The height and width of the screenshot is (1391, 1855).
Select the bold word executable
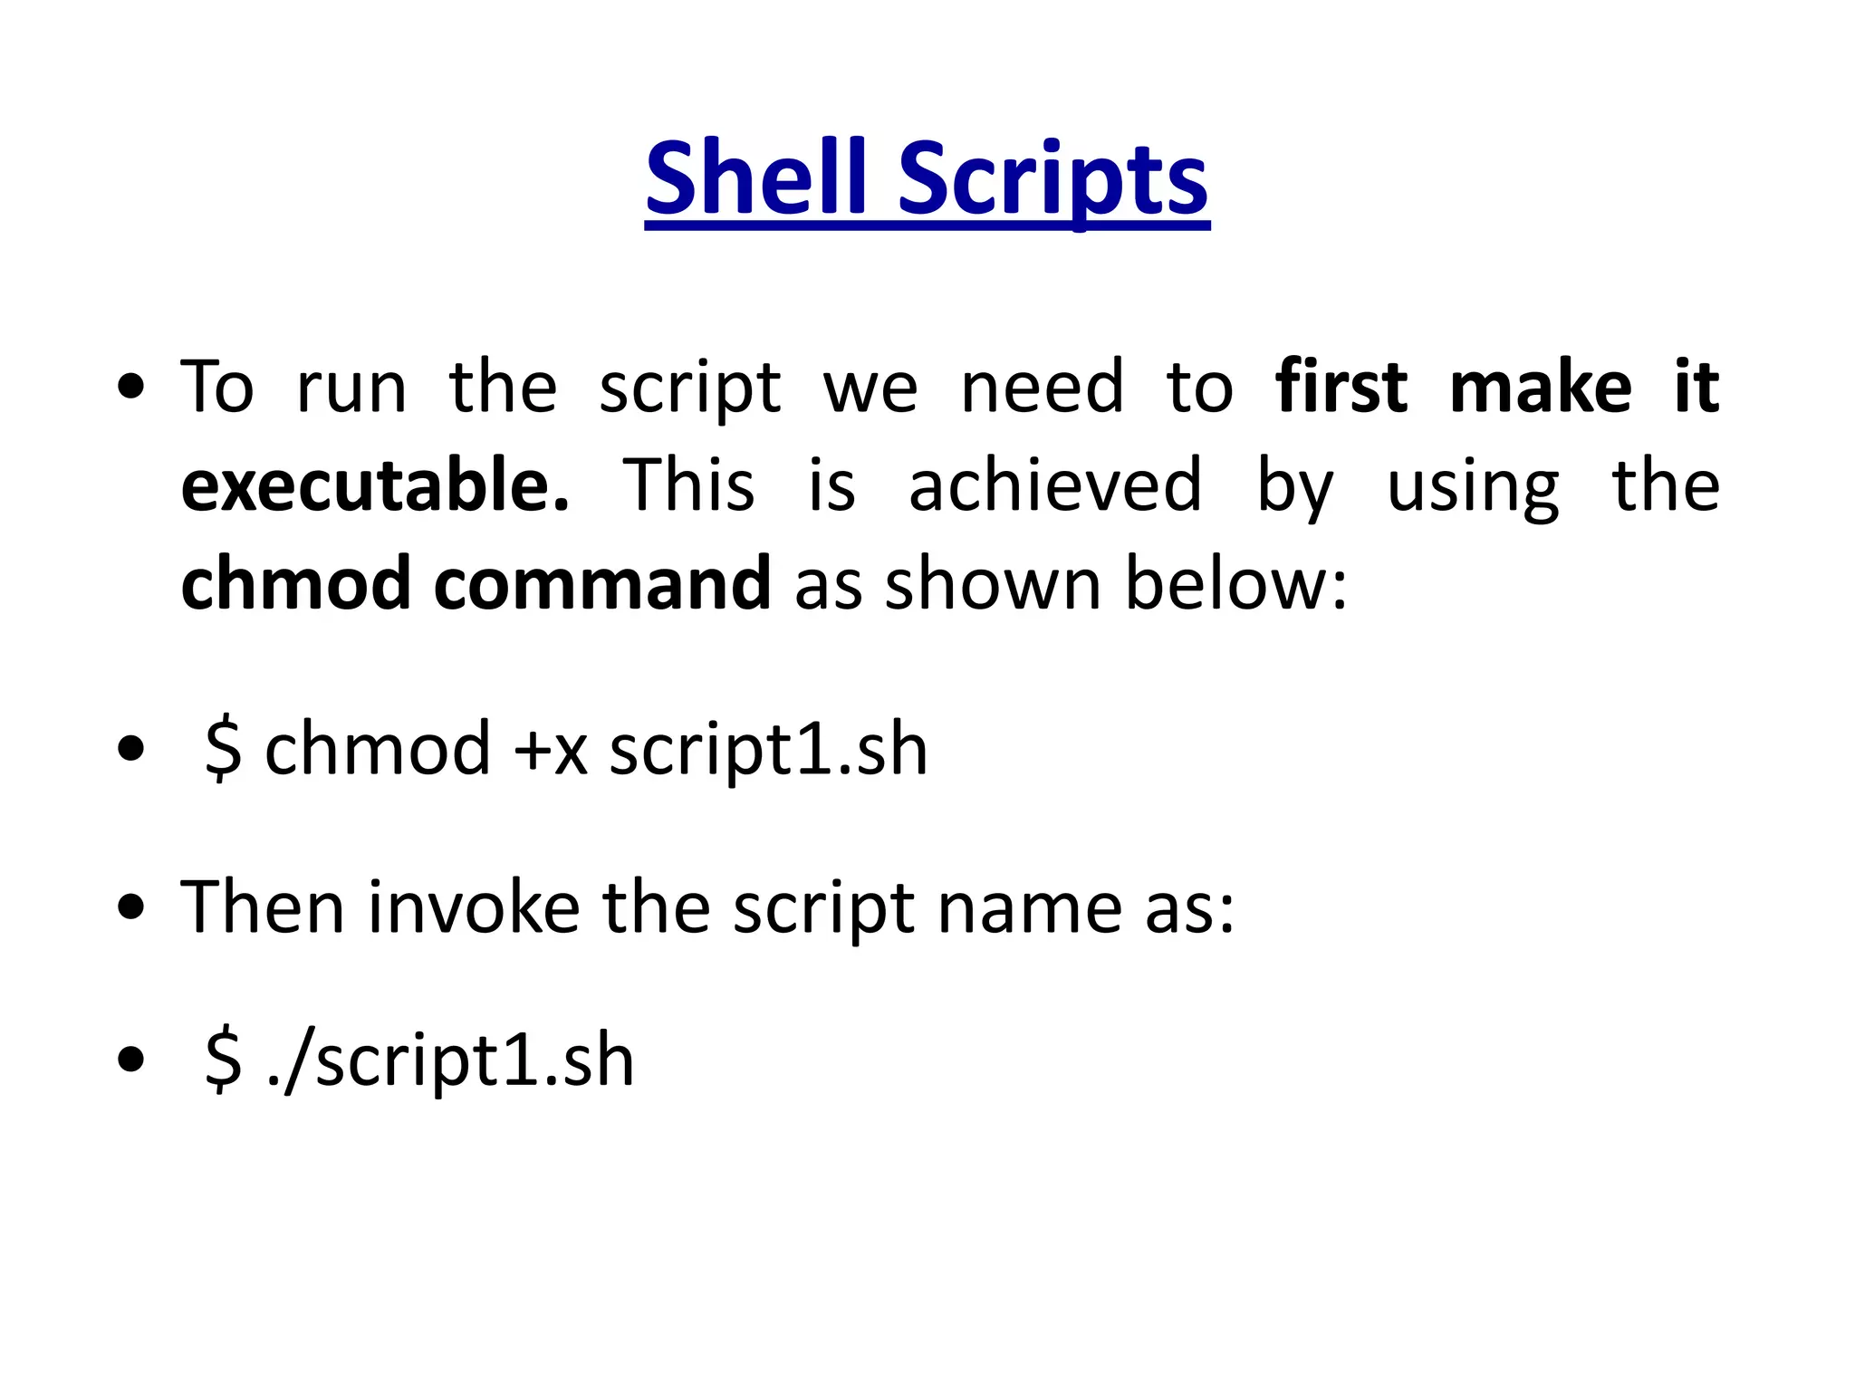375,485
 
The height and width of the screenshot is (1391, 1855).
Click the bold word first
1341,388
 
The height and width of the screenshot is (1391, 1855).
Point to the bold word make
1541,388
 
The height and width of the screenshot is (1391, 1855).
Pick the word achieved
1055,485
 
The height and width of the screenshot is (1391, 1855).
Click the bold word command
602,583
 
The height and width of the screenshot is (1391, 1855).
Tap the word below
1235,583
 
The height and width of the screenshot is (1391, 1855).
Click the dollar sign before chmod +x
223,750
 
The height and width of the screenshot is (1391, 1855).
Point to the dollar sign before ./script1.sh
223,1060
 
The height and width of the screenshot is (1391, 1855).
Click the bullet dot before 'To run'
131,388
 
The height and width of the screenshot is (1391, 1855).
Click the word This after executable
688,485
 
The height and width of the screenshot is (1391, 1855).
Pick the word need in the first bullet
1042,388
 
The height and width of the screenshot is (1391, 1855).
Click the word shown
993,583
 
